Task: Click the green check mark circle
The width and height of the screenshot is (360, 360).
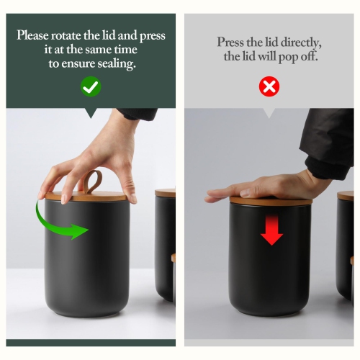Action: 91,86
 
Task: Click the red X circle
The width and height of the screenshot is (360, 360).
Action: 269,86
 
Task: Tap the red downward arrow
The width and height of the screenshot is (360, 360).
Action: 271,230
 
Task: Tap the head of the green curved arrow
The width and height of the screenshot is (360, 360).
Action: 79,231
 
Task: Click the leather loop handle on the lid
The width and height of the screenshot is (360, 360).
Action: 94,181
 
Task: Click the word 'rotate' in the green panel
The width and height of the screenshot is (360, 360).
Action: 66,35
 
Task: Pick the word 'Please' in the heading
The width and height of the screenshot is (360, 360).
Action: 32,35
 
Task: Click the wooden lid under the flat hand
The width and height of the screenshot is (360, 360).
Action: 271,201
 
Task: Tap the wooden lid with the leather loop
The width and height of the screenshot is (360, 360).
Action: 86,196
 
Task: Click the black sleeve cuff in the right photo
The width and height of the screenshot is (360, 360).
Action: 328,167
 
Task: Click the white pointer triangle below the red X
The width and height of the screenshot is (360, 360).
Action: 269,113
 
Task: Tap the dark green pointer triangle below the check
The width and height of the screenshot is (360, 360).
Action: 91,113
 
